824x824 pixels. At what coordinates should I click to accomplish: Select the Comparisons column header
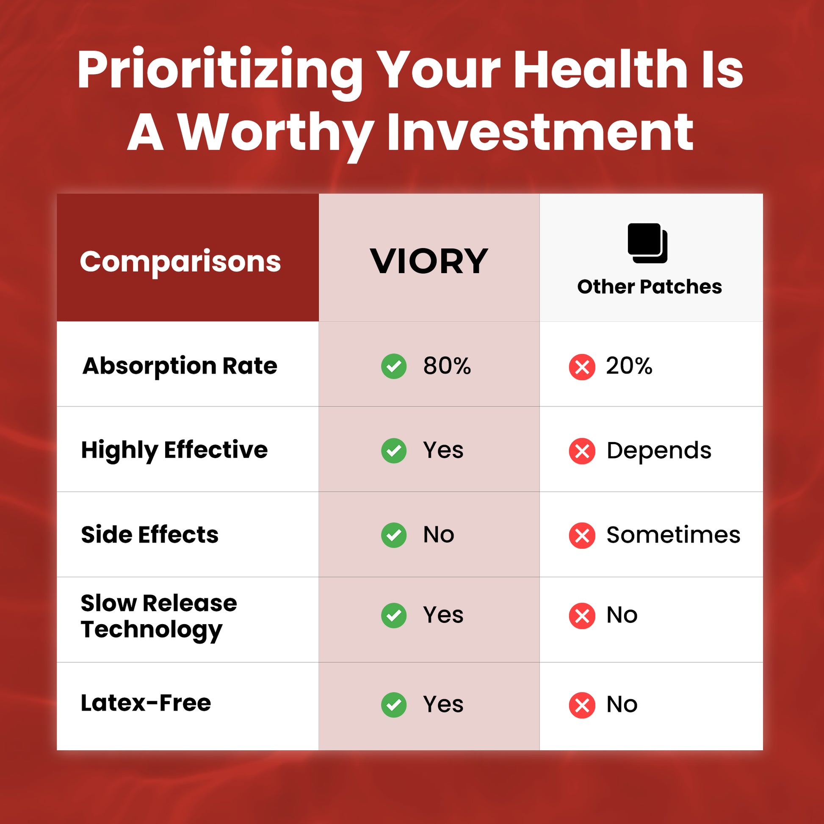(x=180, y=261)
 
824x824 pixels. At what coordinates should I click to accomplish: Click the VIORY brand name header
(x=429, y=261)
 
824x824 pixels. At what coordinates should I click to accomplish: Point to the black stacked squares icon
(x=647, y=243)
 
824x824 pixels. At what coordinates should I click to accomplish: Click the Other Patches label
(x=650, y=286)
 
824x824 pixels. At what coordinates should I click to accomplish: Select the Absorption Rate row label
(x=180, y=366)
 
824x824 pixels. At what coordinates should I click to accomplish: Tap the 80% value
(x=447, y=366)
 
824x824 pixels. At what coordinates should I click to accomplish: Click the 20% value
(x=629, y=366)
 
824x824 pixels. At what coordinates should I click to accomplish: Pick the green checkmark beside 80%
(x=394, y=366)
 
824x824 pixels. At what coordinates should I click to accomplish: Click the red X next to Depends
(x=582, y=451)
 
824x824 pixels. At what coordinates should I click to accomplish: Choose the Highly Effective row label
(x=174, y=451)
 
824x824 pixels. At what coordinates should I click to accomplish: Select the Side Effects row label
(x=150, y=534)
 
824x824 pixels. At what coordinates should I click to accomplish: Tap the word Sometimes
(x=673, y=535)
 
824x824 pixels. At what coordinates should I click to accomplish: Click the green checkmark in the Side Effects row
(x=394, y=535)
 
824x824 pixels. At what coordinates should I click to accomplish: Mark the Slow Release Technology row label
(x=159, y=617)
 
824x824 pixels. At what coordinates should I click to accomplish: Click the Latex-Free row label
(x=146, y=703)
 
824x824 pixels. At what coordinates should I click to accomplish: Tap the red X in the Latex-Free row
(x=582, y=705)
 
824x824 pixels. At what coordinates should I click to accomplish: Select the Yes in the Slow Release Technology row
(x=443, y=615)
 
